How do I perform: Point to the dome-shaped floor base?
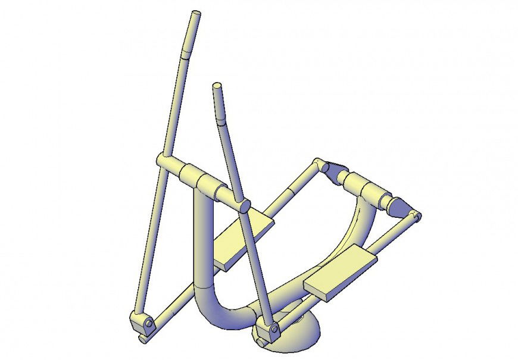[x=298, y=333]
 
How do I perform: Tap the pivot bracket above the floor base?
[x=267, y=330]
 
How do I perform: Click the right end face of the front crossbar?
[x=244, y=206]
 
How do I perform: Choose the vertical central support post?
[x=202, y=238]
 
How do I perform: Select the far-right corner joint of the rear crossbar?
[x=417, y=215]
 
